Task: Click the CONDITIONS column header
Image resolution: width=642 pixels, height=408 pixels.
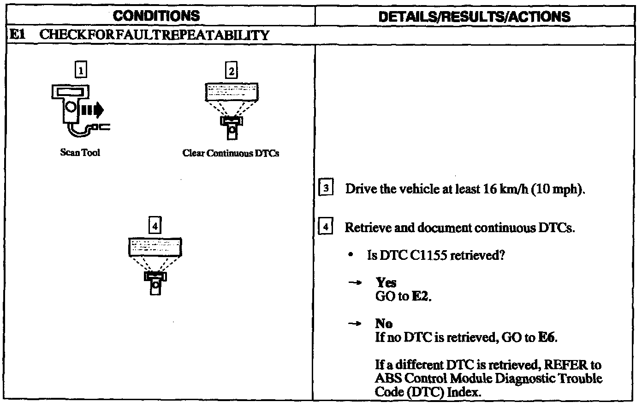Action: click(156, 16)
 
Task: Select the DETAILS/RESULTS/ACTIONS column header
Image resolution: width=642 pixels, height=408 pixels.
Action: click(474, 17)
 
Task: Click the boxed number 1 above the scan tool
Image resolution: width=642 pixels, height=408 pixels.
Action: click(81, 71)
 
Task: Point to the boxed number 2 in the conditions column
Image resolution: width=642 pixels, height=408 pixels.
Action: click(232, 71)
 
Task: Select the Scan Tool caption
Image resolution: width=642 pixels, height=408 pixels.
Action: click(80, 152)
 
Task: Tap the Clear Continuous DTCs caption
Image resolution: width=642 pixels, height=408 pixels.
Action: click(231, 153)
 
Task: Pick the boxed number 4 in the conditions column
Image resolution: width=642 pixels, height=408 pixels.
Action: click(155, 226)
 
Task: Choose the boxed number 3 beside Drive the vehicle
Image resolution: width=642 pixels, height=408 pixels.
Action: click(325, 189)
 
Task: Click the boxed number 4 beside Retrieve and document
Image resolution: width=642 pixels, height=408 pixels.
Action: click(325, 228)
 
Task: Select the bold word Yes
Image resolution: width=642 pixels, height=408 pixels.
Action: click(386, 282)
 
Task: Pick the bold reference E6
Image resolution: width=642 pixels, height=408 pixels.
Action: click(547, 337)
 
